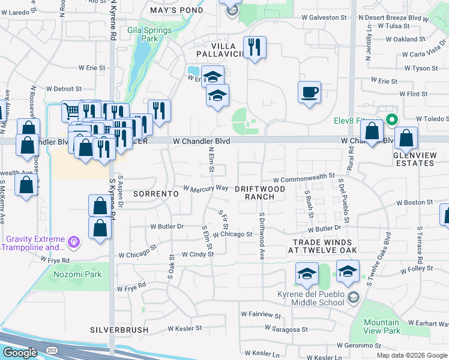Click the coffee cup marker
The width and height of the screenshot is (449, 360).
pos(309,93)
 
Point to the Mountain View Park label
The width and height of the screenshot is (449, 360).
pos(382,326)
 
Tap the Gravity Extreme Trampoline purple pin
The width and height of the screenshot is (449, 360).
pos(74,242)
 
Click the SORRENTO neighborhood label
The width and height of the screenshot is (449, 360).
pos(156,194)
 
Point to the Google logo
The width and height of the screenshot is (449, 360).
pos(20,353)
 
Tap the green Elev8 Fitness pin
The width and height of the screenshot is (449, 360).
pos(391,119)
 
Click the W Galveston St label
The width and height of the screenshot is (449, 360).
pos(324,18)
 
